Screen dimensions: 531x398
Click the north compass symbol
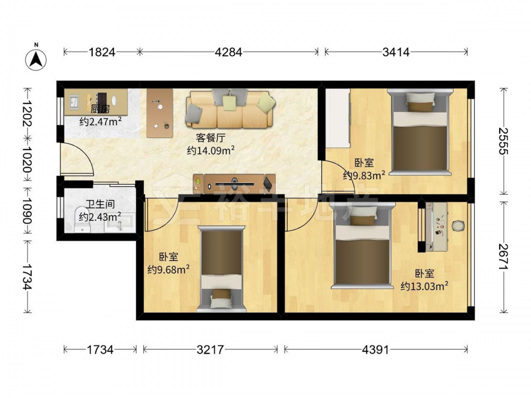[36, 59]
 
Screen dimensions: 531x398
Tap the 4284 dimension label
[228, 52]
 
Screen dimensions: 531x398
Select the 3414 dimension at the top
[396, 52]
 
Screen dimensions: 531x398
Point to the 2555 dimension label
[503, 141]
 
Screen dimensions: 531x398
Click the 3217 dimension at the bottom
[210, 349]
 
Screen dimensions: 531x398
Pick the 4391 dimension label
[375, 349]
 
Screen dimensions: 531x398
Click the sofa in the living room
[229, 109]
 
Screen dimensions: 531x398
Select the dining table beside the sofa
[159, 113]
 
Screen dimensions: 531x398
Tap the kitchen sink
[74, 100]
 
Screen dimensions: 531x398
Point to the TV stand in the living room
[234, 184]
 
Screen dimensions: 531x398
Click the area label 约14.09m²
[211, 150]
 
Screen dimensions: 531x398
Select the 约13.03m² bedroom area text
[425, 286]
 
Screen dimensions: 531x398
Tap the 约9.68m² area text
[168, 270]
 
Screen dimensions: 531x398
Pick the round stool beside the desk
[458, 226]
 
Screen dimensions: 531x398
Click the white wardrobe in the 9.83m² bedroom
[338, 118]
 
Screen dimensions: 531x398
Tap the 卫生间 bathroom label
[100, 204]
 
